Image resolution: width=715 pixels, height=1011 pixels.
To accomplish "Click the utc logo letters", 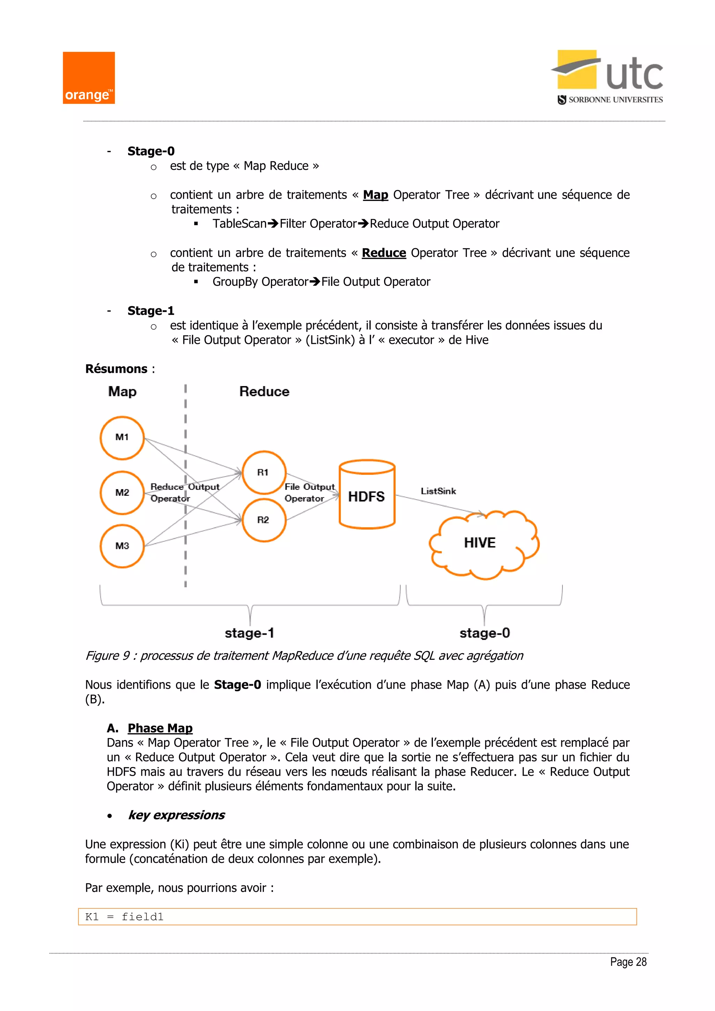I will pos(634,74).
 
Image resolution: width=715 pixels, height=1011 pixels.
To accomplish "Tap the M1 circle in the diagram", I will pos(122,438).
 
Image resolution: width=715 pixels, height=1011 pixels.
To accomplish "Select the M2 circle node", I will pos(122,493).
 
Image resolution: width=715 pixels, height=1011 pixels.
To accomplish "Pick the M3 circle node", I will pos(122,546).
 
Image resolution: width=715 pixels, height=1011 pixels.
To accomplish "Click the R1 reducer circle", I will pos(264,472).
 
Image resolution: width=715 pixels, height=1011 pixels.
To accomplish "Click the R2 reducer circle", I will pos(264,520).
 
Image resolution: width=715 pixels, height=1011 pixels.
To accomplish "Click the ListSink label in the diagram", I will pos(438,491).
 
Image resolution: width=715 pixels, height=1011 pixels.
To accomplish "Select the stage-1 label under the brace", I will pos(249,633).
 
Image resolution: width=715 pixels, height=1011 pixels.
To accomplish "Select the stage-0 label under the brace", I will pos(484,633).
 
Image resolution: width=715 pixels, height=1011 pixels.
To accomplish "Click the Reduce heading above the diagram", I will pos(264,391).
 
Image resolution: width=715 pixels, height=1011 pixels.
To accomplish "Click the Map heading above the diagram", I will pos(123,391).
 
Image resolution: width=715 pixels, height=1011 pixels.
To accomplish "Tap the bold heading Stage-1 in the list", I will pos(150,311).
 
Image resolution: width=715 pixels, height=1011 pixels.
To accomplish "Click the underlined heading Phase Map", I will pos(160,728).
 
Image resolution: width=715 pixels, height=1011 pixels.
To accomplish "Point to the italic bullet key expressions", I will pos(176,815).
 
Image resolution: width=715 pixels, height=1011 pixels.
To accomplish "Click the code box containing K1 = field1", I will pos(357,917).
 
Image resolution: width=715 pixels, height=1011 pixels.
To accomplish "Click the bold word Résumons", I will pos(116,369).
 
